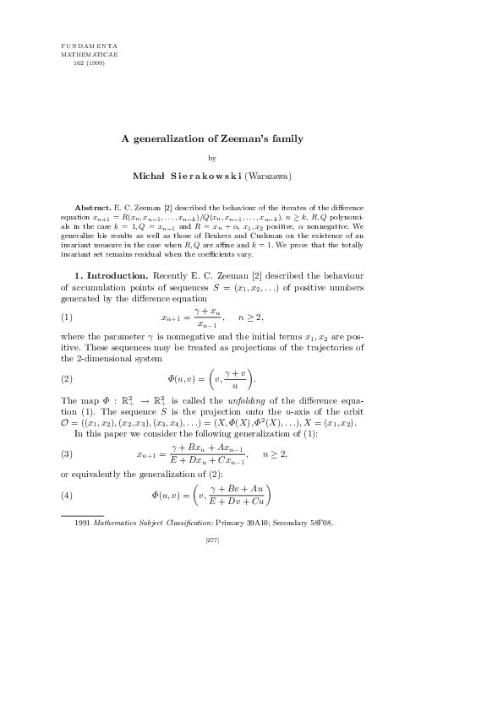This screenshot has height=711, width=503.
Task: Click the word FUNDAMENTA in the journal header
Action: pyautogui.click(x=90, y=43)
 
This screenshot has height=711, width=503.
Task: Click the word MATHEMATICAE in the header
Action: pyautogui.click(x=90, y=52)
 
